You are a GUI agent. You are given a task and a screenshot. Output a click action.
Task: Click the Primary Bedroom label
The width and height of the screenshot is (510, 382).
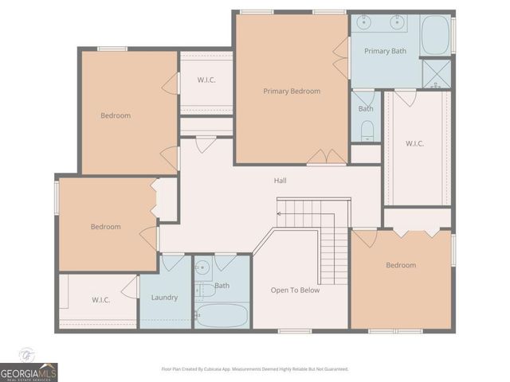(292, 92)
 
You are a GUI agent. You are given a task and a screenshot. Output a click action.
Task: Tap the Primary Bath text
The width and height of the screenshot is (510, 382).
(385, 51)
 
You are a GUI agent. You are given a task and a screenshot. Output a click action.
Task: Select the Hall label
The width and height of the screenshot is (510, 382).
(280, 181)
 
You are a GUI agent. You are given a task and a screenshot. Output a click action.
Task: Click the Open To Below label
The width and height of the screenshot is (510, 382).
(295, 290)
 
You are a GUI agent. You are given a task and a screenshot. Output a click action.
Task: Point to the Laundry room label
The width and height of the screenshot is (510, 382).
(164, 298)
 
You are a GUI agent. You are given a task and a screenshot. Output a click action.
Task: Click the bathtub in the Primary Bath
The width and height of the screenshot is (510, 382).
(435, 35)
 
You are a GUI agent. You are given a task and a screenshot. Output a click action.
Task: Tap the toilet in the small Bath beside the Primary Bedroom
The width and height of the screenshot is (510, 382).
(367, 130)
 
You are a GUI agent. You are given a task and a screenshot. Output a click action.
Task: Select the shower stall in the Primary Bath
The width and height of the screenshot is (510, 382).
(436, 73)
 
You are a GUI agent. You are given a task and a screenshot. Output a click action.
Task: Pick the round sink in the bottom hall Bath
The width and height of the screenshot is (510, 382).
(202, 267)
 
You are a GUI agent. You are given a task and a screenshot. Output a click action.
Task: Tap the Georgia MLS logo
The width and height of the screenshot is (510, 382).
(29, 372)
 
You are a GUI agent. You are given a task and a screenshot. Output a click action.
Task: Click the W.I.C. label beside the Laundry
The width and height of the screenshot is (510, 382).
(100, 300)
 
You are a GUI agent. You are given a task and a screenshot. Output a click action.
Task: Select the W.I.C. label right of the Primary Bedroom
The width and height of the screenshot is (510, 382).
(414, 144)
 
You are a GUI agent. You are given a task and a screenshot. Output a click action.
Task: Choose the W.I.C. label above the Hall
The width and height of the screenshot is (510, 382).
(206, 80)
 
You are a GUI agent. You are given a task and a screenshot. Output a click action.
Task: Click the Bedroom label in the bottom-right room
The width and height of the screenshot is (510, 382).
(401, 265)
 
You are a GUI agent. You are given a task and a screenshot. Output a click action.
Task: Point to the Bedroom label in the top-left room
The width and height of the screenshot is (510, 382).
(116, 116)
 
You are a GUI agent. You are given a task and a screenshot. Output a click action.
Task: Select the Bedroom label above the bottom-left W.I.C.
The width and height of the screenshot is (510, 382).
(105, 227)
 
